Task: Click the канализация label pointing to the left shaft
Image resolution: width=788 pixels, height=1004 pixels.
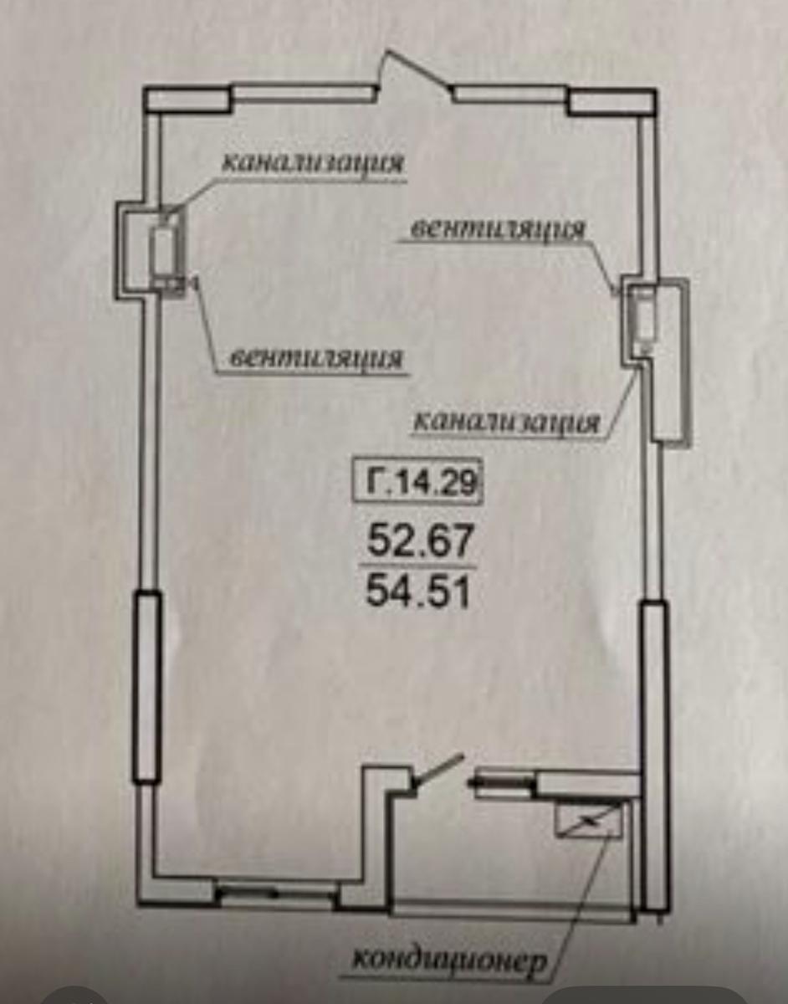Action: (313, 163)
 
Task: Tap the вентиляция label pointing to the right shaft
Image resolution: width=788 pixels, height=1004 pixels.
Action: (498, 230)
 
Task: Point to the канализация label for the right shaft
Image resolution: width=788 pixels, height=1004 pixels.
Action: (506, 422)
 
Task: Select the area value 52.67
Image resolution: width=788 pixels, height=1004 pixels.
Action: (420, 541)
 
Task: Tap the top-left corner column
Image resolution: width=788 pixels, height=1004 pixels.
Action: (187, 100)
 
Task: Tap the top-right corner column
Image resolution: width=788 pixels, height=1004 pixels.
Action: (612, 101)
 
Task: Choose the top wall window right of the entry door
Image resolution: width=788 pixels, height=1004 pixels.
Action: (510, 95)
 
